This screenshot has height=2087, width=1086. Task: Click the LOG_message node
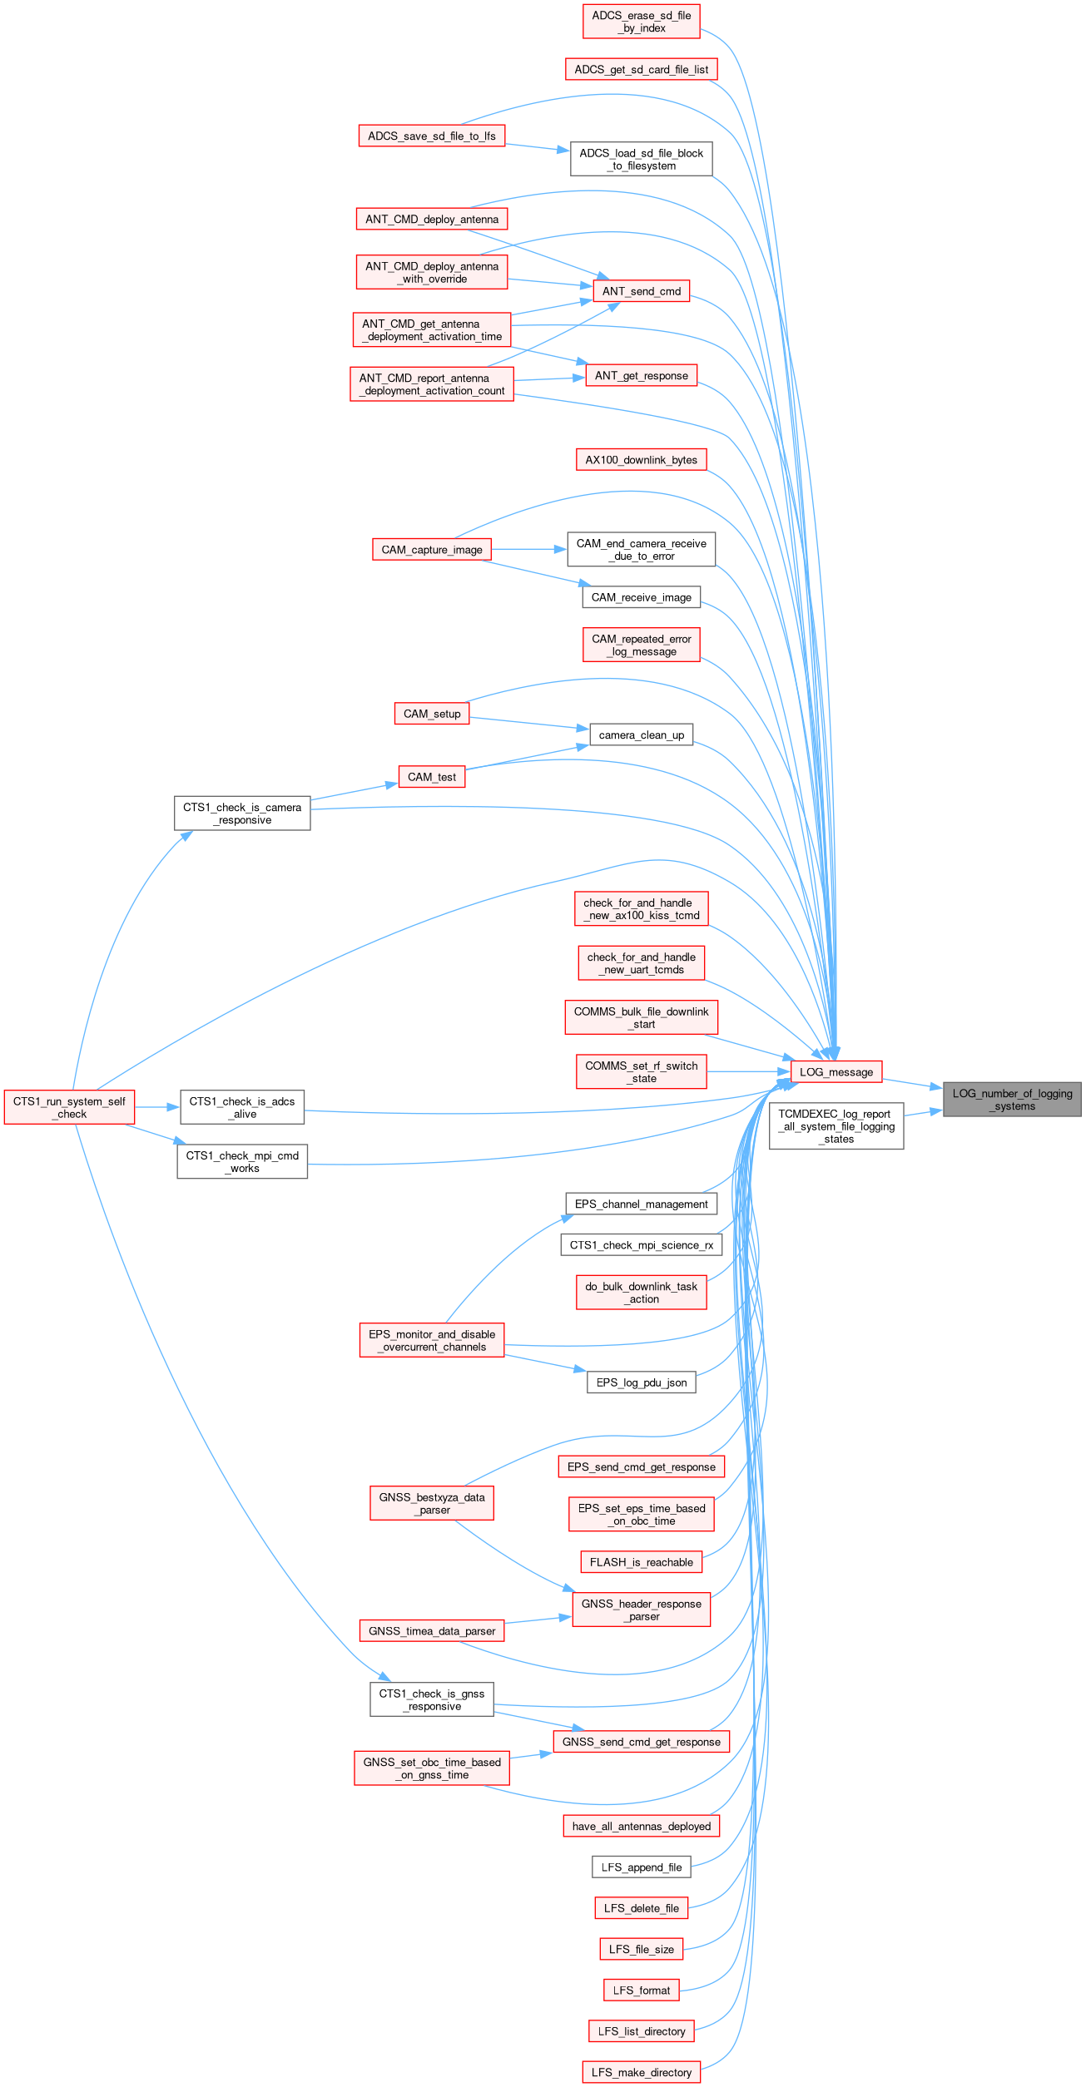click(x=836, y=1071)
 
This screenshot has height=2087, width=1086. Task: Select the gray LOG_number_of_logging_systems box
click(x=1012, y=1099)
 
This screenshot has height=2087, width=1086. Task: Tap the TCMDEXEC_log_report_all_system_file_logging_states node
click(x=836, y=1126)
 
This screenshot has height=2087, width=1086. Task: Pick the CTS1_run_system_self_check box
click(x=69, y=1107)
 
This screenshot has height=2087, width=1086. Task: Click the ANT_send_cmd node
click(x=641, y=291)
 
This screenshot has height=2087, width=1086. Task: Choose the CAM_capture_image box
click(x=432, y=550)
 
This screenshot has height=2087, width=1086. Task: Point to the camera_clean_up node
click(x=641, y=734)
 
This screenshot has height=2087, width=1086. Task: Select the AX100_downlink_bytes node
click(x=641, y=460)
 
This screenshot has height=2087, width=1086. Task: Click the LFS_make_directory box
click(x=641, y=2072)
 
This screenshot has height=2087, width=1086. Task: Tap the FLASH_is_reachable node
click(x=641, y=1562)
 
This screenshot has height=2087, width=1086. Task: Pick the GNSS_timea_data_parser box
click(x=432, y=1630)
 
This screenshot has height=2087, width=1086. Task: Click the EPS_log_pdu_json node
click(x=641, y=1382)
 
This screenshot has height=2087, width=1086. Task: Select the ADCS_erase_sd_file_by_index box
click(x=641, y=22)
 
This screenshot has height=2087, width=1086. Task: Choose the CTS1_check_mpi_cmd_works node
click(x=242, y=1161)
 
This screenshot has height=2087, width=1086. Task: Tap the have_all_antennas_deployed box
click(x=641, y=1826)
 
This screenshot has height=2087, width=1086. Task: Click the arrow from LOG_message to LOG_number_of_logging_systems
click(x=912, y=1085)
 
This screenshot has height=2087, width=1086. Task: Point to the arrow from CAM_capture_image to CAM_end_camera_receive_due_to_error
click(x=529, y=550)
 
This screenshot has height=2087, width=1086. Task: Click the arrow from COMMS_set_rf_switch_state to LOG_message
click(x=748, y=1071)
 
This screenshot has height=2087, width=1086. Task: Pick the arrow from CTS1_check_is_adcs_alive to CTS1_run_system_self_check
click(x=157, y=1107)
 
